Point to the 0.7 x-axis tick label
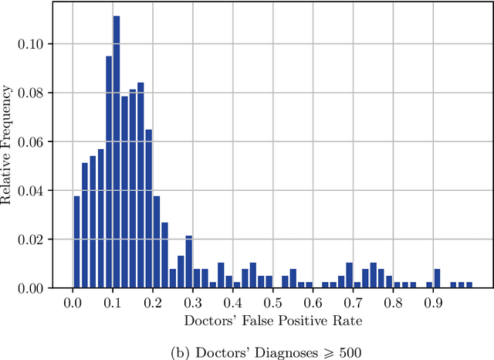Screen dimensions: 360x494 click(x=353, y=303)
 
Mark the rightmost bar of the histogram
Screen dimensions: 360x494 click(x=469, y=285)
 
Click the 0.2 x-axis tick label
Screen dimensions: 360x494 click(x=153, y=303)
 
